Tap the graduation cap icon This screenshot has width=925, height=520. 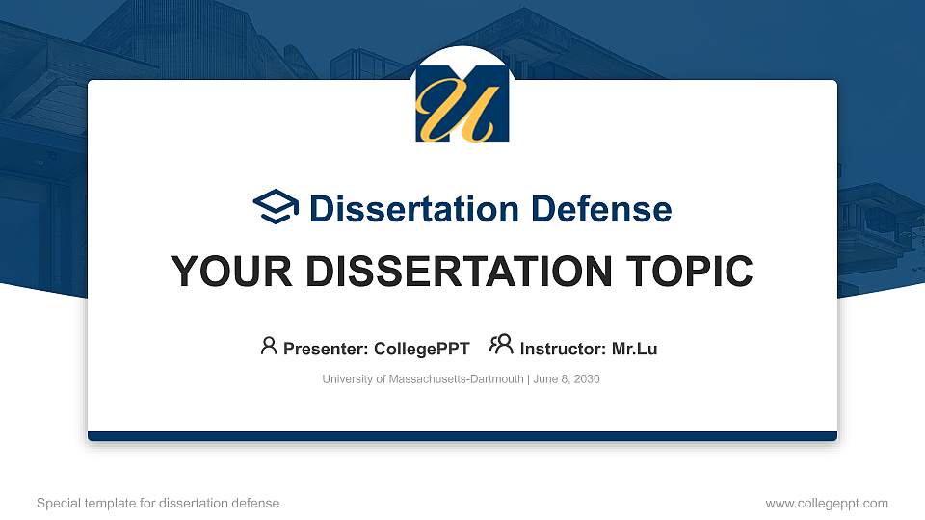point(276,207)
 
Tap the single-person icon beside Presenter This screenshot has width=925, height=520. point(269,346)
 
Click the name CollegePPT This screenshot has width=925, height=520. point(421,349)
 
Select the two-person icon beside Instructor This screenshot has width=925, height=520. point(501,345)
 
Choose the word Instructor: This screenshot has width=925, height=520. point(563,349)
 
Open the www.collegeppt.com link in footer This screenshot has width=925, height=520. point(827,503)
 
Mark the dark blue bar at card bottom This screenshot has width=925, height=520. point(462,436)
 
